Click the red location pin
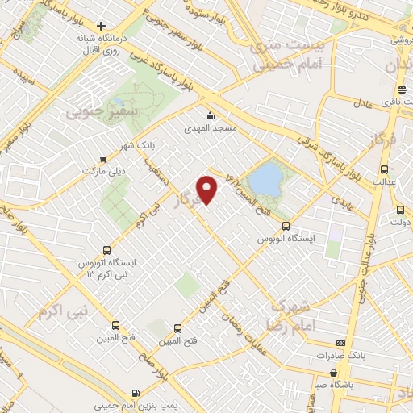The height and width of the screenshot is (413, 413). (x=208, y=190)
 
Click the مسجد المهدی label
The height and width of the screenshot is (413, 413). (x=212, y=127)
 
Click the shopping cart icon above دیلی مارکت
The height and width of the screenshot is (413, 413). (x=102, y=159)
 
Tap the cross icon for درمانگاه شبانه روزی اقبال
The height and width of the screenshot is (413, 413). (x=100, y=25)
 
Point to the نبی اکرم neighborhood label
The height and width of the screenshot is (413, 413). (x=61, y=311)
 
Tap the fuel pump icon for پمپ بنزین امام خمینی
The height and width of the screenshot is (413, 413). (x=146, y=395)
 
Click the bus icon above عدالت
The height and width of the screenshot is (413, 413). (x=384, y=169)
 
